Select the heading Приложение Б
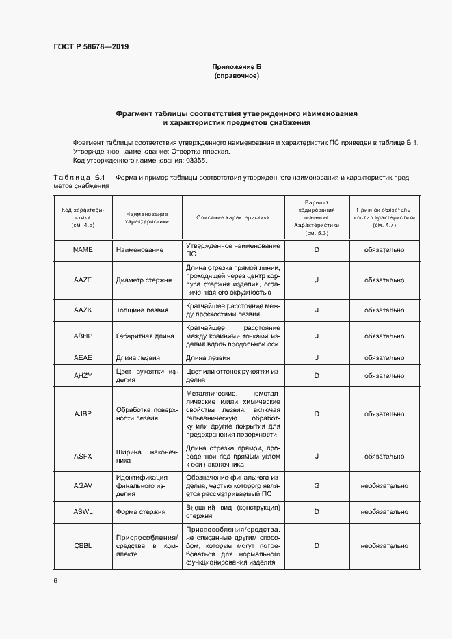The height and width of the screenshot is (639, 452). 237,66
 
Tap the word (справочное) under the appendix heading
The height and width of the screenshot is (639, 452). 237,76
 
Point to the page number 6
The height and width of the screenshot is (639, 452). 55,580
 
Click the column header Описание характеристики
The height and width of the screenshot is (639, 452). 232,217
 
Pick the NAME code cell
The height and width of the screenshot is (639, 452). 83,250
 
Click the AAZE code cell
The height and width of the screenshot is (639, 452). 83,280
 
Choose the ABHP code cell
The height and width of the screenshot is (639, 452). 83,336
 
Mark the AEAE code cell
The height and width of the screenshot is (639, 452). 83,357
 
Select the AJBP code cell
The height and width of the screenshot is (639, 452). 83,413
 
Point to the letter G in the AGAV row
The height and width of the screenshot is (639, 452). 317,485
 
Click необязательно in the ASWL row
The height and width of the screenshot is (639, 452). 384,511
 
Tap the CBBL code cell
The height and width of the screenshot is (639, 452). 83,545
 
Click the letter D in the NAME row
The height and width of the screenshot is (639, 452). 317,250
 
